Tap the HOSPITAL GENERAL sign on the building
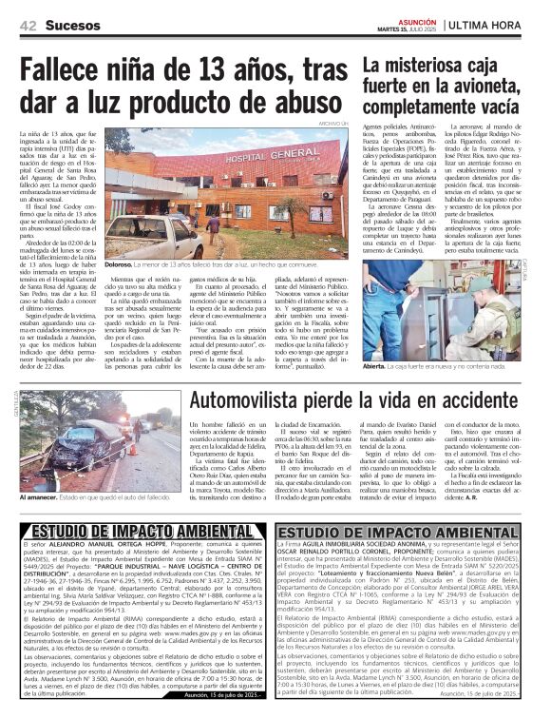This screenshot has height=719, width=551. pyautogui.click(x=236, y=156)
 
